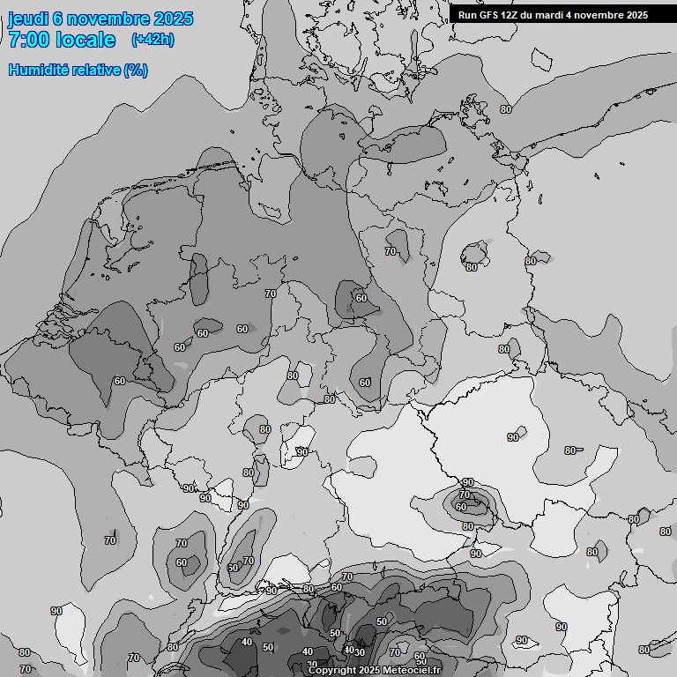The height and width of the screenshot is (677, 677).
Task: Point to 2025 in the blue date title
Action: (x=173, y=19)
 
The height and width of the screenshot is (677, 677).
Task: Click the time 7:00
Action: (x=28, y=40)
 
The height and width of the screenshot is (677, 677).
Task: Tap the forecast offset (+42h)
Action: (x=152, y=40)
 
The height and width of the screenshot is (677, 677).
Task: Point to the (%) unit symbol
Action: (x=136, y=70)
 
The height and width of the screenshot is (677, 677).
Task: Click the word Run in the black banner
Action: (x=467, y=15)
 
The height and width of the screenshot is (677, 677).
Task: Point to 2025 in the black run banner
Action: (x=636, y=15)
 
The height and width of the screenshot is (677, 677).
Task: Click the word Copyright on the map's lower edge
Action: (x=331, y=671)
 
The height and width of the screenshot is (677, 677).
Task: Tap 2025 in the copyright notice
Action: (x=371, y=671)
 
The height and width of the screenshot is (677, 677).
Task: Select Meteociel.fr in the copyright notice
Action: (x=413, y=671)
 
